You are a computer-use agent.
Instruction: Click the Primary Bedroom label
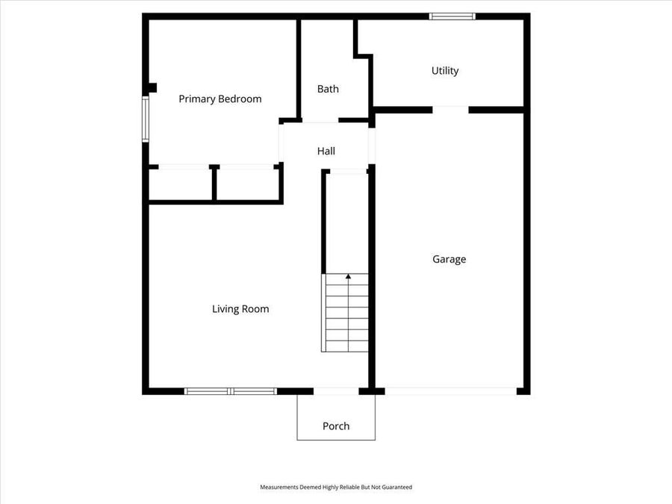[220, 99]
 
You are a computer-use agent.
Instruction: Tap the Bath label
[328, 89]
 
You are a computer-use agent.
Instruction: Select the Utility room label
[445, 71]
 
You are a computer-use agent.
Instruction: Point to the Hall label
[326, 151]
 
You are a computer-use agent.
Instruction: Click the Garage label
[449, 259]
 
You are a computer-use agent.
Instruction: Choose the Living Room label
[240, 309]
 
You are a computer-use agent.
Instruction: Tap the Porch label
[336, 426]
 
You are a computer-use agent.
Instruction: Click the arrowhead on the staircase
[348, 277]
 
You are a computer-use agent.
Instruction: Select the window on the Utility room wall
[452, 16]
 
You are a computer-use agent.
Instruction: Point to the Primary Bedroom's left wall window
[146, 118]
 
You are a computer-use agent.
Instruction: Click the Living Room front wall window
[231, 391]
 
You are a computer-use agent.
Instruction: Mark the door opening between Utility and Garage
[450, 110]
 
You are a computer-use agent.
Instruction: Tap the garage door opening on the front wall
[450, 391]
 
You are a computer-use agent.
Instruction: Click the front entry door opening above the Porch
[336, 391]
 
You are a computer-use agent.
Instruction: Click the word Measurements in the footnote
[278, 487]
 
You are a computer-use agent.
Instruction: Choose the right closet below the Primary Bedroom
[247, 184]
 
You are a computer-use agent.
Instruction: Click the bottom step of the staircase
[346, 346]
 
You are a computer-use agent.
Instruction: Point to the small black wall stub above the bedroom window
[152, 87]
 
